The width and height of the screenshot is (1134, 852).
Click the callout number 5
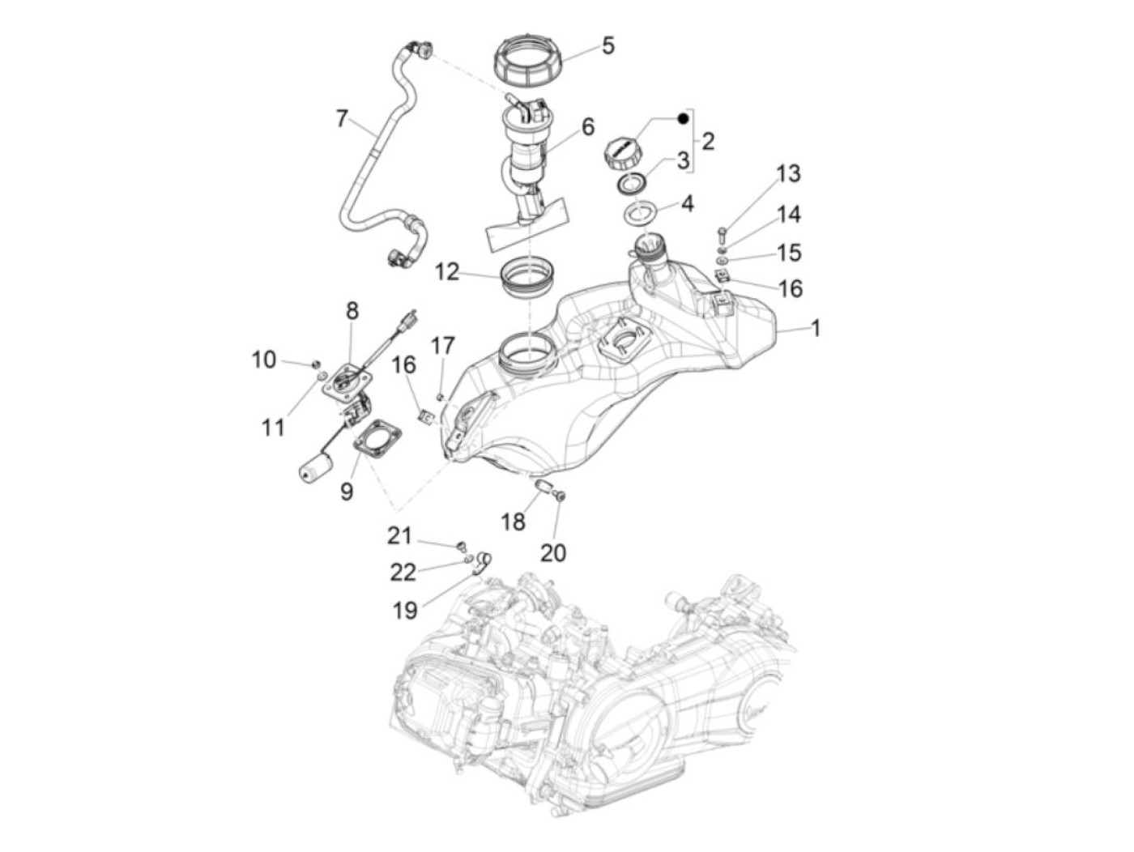(607, 45)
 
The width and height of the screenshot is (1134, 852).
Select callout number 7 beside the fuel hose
(341, 119)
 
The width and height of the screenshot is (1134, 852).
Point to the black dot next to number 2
(682, 118)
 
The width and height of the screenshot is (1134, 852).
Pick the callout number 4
(687, 202)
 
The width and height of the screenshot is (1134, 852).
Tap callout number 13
(788, 173)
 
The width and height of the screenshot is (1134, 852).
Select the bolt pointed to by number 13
(722, 232)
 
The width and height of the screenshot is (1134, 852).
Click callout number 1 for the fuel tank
(816, 328)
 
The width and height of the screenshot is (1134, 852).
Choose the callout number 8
(352, 310)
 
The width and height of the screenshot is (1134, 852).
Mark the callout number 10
(263, 359)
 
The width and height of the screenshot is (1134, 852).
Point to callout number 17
(443, 346)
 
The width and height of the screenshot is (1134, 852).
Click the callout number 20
(553, 552)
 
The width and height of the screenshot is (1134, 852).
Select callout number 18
(513, 521)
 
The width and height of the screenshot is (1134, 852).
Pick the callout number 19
(405, 609)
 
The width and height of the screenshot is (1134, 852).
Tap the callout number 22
(403, 572)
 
